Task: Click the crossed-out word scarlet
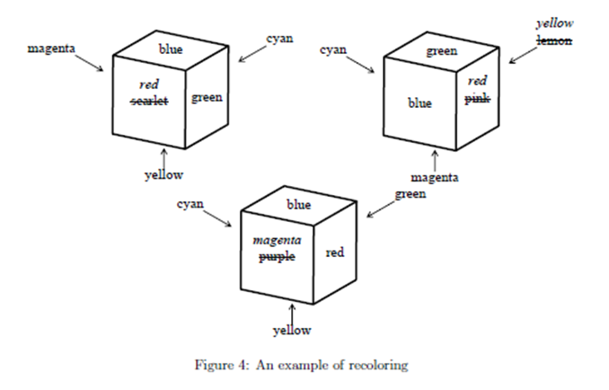149,102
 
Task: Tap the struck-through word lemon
554,41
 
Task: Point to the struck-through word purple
277,258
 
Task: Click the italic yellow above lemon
554,23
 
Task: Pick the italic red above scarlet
149,84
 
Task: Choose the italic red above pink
478,82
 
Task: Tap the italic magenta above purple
277,241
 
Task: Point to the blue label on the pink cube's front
419,103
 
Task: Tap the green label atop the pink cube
441,51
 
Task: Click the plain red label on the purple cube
335,253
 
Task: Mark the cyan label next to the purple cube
190,205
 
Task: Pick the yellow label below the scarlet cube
163,174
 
